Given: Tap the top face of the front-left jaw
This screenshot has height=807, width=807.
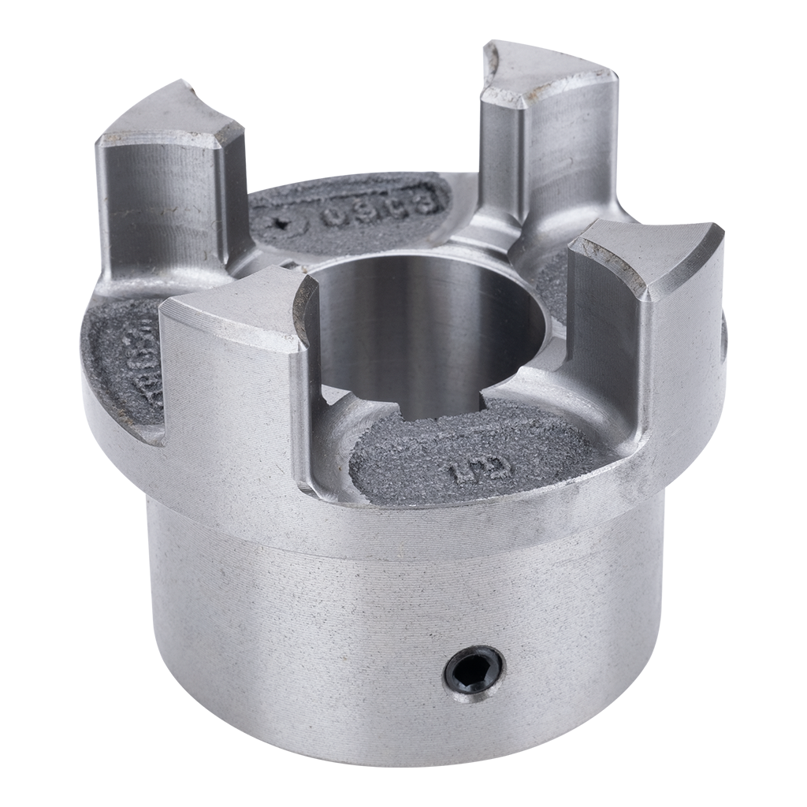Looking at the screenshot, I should [x=229, y=303].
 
